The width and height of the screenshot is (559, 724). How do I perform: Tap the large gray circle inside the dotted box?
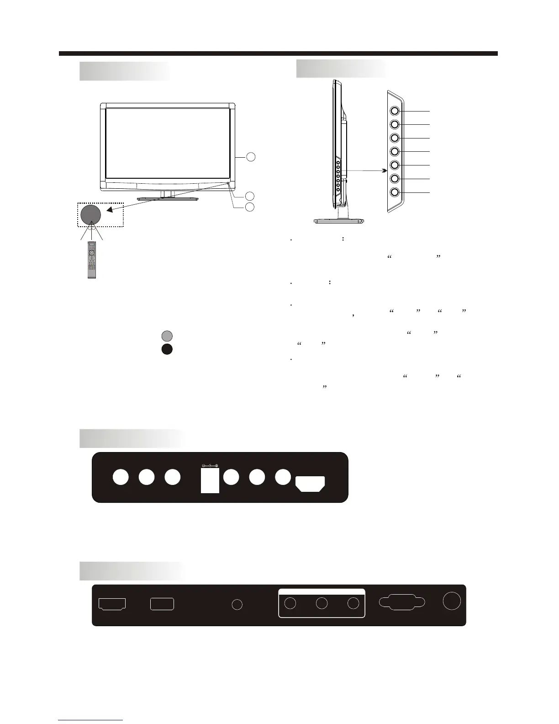(90, 214)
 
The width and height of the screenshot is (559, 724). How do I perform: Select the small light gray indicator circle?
(167, 336)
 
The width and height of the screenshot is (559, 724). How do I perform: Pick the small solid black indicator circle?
(167, 349)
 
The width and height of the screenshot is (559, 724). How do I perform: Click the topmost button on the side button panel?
(395, 111)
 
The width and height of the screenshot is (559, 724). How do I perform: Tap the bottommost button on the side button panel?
(395, 192)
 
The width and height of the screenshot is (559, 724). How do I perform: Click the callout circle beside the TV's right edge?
(250, 157)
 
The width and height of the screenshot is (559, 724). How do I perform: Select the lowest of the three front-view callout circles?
(250, 207)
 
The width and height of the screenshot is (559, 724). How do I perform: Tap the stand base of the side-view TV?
(339, 221)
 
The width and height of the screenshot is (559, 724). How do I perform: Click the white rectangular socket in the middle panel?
(210, 480)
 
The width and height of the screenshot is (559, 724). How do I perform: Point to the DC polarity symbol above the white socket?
(210, 466)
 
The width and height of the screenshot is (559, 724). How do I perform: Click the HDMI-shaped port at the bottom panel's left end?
(112, 604)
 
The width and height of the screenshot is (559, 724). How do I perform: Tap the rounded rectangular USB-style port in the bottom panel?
(162, 604)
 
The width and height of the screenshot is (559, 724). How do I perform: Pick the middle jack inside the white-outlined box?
(322, 603)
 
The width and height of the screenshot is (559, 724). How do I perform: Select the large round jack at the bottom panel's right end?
(452, 601)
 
